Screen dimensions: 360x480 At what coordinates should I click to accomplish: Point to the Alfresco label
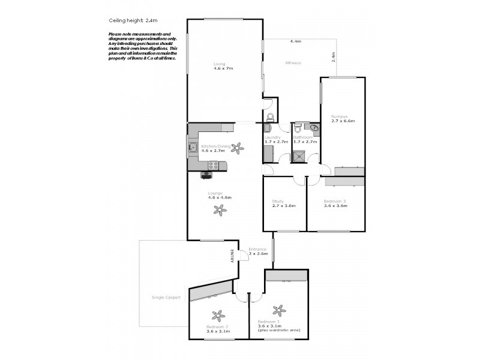click(293, 63)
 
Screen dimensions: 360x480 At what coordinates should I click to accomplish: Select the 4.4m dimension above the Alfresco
click(295, 41)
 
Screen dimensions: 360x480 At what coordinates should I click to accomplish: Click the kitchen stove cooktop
click(207, 175)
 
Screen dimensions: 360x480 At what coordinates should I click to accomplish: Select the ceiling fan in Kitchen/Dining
click(238, 146)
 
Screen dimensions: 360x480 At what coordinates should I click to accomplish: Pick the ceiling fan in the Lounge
click(220, 210)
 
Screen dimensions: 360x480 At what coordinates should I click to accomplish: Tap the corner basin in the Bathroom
click(314, 128)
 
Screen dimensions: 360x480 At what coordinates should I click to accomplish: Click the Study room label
click(277, 201)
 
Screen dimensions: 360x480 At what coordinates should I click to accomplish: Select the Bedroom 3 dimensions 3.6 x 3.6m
click(336, 205)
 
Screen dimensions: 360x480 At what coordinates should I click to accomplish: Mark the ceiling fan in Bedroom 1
click(278, 310)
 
